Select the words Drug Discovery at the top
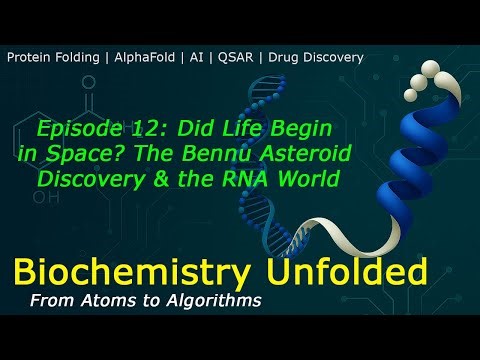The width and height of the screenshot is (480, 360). pyautogui.click(x=314, y=57)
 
